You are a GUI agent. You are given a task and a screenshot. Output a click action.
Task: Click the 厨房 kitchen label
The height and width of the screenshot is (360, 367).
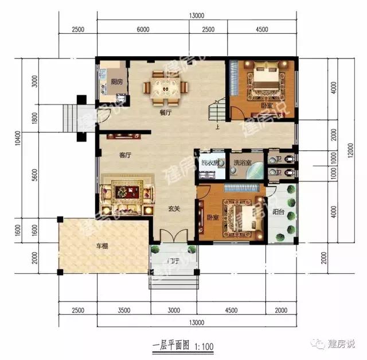[117, 82]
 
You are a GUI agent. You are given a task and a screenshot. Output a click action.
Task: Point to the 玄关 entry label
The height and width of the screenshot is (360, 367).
[174, 210]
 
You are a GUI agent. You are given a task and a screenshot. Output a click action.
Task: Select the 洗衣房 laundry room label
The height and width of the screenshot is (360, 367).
[209, 163]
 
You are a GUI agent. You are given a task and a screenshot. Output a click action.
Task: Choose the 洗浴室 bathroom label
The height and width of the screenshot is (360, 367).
[242, 163]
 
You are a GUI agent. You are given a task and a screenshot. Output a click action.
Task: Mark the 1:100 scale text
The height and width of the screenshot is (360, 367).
[204, 347]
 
